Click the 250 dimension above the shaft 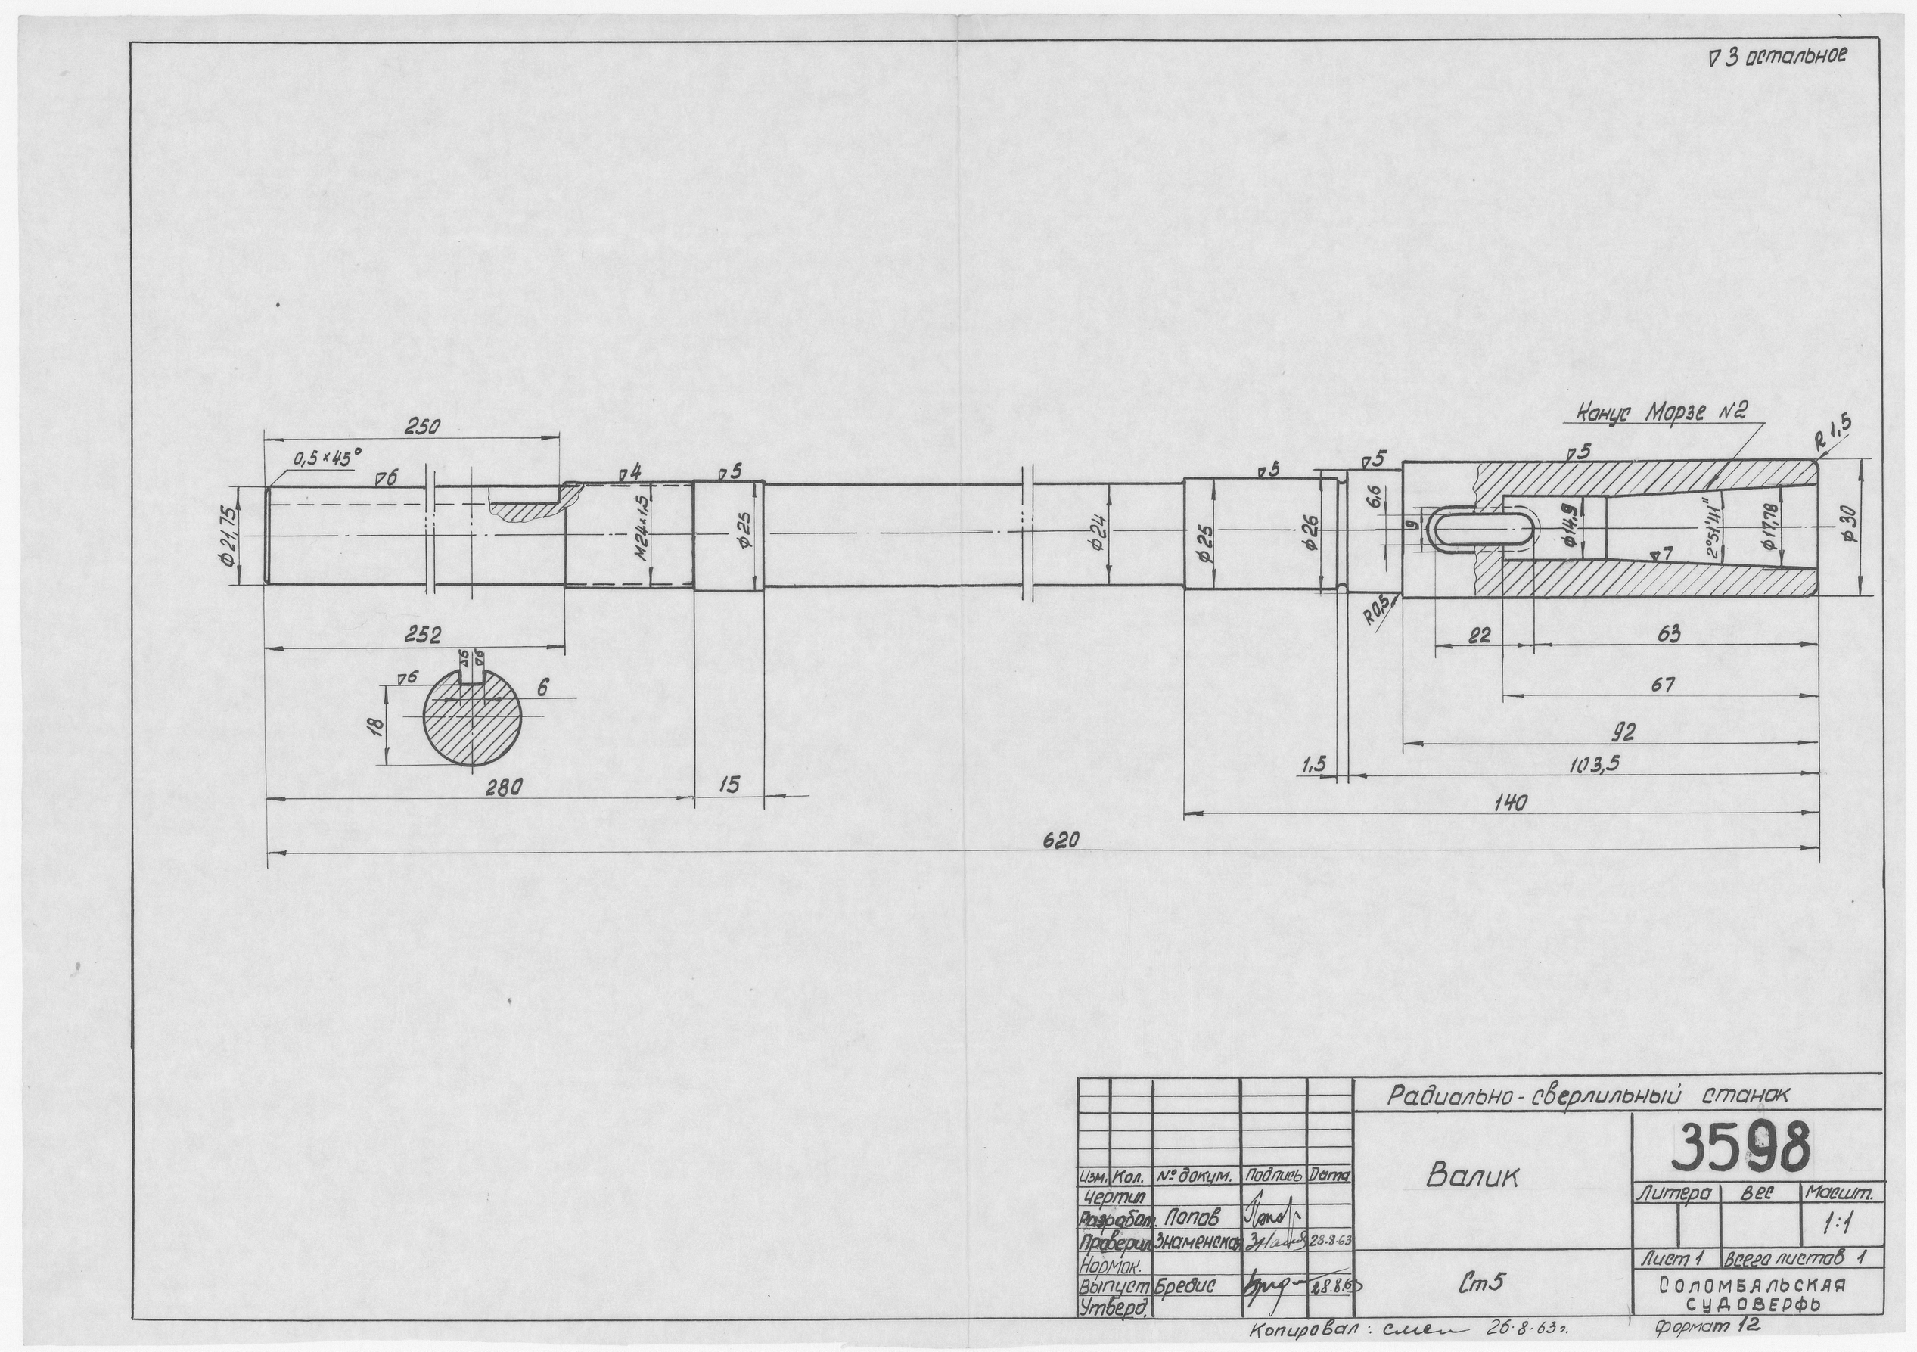(x=424, y=426)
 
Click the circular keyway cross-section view (x=474, y=717)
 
